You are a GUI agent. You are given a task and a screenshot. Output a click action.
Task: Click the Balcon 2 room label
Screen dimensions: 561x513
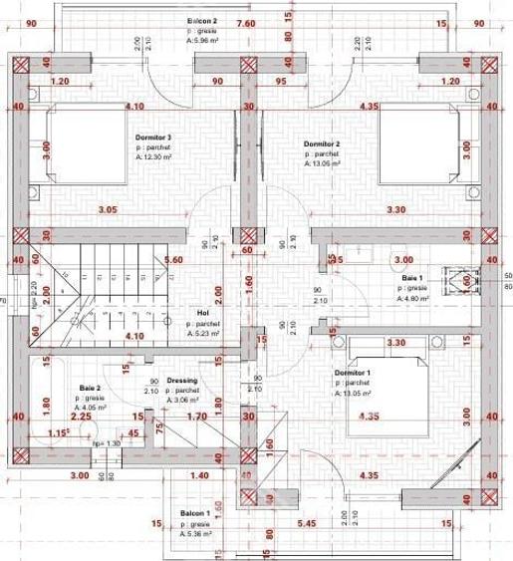[x=203, y=20]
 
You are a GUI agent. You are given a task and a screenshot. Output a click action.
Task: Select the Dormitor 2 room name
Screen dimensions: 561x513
[x=322, y=144]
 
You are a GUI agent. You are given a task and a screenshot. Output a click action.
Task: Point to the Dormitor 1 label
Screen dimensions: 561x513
[x=354, y=372]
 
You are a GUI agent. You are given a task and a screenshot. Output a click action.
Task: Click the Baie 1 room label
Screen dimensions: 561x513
[x=412, y=278]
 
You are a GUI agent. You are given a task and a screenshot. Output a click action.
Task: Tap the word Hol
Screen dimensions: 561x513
[x=203, y=311]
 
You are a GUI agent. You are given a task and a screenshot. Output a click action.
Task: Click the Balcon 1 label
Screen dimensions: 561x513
[x=194, y=514]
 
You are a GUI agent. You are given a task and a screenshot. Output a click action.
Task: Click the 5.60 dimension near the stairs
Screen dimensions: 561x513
[x=173, y=259]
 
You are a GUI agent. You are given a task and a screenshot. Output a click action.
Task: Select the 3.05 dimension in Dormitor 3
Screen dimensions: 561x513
[x=109, y=209]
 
